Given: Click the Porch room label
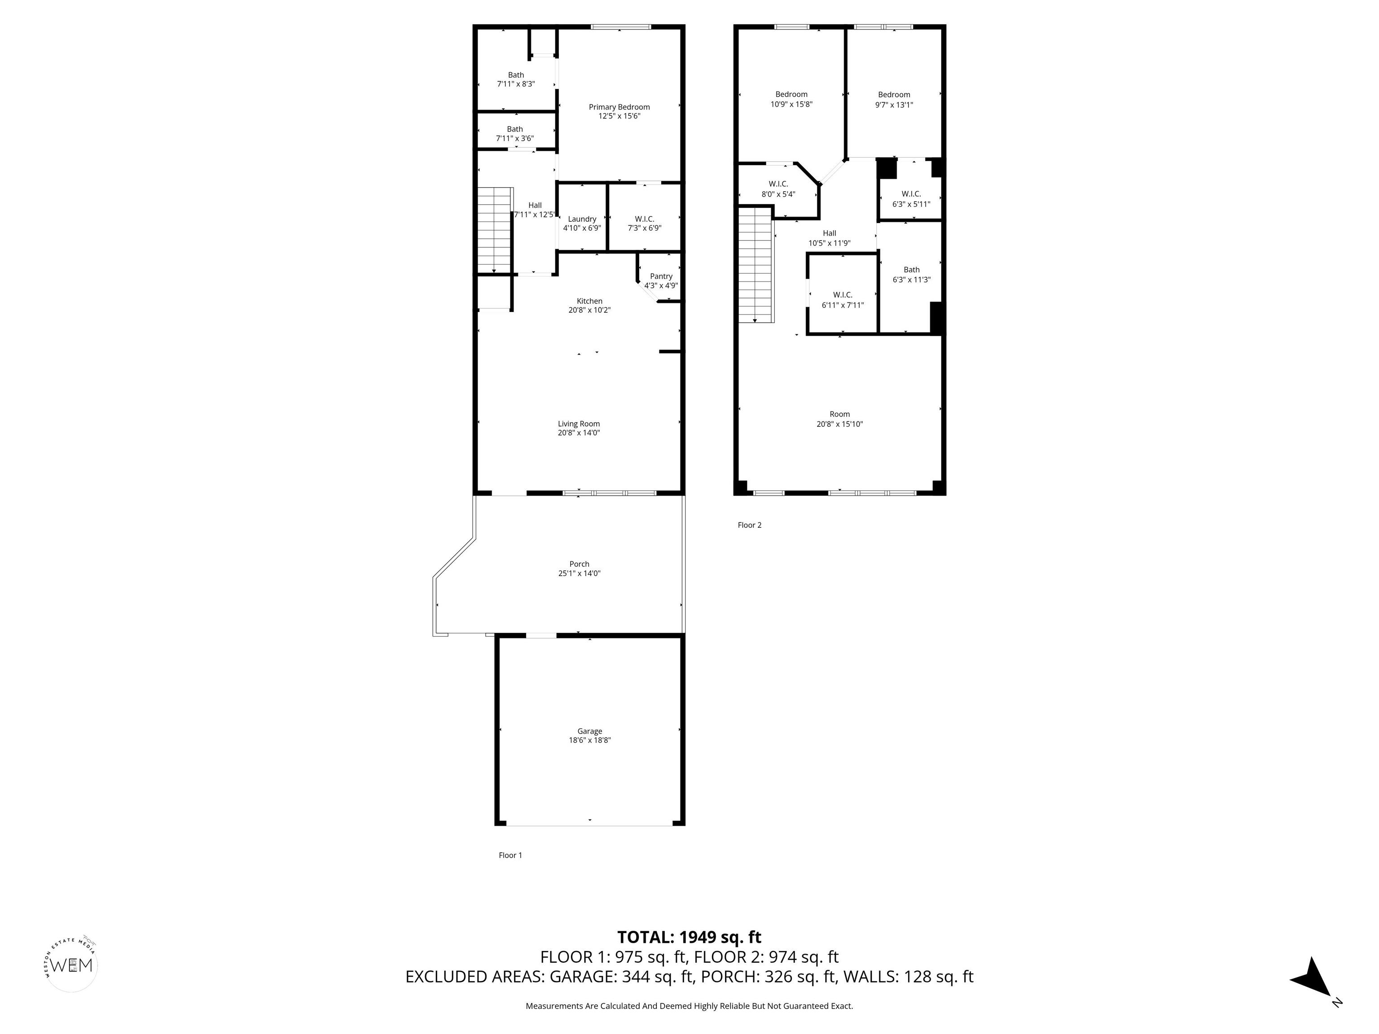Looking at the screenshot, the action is tap(579, 564).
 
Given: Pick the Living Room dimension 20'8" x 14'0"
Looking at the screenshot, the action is tap(579, 433).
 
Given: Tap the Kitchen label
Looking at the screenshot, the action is tap(589, 301).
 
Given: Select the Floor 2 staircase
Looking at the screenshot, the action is tap(756, 265).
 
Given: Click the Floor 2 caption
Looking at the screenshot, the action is tap(749, 525).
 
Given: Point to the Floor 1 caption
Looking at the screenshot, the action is tap(510, 855).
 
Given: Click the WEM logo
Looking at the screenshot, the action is tap(72, 965).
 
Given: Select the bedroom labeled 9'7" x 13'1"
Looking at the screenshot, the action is tap(894, 100).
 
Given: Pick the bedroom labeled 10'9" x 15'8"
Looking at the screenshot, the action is tap(791, 100).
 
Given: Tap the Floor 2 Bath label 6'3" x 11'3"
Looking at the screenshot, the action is tap(911, 275).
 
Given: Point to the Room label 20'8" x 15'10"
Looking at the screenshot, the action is tap(840, 419).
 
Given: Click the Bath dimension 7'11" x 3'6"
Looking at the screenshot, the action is tap(515, 138).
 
